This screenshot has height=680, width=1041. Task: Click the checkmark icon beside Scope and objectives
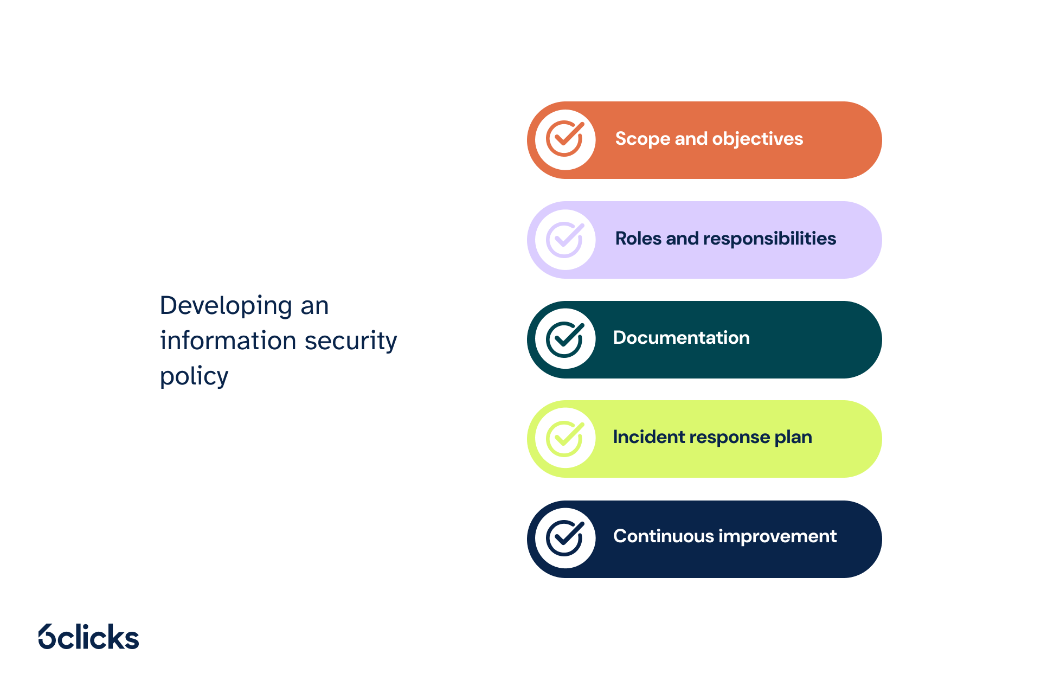pyautogui.click(x=565, y=139)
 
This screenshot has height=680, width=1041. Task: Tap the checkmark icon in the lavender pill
pyautogui.click(x=565, y=239)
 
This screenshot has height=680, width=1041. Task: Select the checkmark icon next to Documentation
pyautogui.click(x=565, y=339)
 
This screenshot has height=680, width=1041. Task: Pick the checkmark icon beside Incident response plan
pyautogui.click(x=565, y=439)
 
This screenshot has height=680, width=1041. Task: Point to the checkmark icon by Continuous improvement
pyautogui.click(x=565, y=538)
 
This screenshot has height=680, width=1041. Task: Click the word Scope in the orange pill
pyautogui.click(x=642, y=139)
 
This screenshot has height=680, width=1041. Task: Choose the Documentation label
pyautogui.click(x=682, y=338)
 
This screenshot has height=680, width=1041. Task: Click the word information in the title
pyautogui.click(x=228, y=341)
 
